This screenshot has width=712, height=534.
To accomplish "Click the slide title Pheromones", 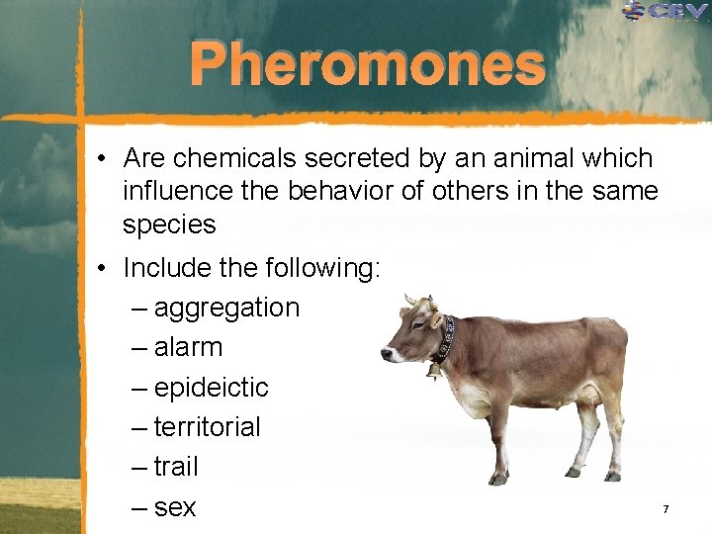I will pos(367,65).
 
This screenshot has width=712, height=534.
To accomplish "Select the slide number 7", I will pos(666,508).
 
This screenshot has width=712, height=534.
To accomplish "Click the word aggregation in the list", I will pos(226,308).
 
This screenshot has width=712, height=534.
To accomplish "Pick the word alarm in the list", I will pos(188,347).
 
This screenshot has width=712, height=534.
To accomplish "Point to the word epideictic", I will pos(211,388).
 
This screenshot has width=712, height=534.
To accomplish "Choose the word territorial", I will pos(207,427).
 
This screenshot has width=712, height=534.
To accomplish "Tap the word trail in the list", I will pos(176,467).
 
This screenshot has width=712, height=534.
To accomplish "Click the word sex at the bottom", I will pos(175,507).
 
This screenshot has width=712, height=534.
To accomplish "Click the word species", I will pos(169,224).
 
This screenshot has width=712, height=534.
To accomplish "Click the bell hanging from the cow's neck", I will pos(433,371).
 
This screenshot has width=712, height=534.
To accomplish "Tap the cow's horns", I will pos(416,300).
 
